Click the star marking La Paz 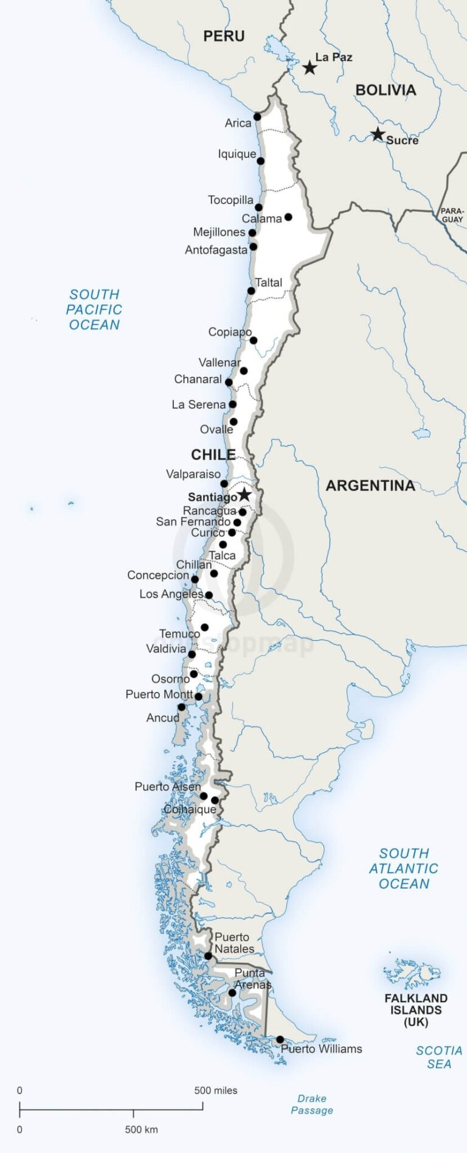point(310,67)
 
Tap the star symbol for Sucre point(378,134)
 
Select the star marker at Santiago point(244,495)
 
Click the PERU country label point(224,37)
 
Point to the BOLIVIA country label point(386,90)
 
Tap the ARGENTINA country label point(370,486)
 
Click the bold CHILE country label point(213,455)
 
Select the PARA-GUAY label point(452,215)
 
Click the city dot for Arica point(257,117)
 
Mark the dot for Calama point(288,217)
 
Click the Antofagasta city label point(216,249)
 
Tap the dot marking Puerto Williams point(280,1040)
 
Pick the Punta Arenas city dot point(232,993)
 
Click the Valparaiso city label point(193,474)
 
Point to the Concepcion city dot point(195,579)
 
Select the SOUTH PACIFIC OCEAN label point(94,310)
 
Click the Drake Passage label point(312,1104)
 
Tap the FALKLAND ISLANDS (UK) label point(416,1010)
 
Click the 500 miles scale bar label point(216,1090)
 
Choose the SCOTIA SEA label point(439,1057)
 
